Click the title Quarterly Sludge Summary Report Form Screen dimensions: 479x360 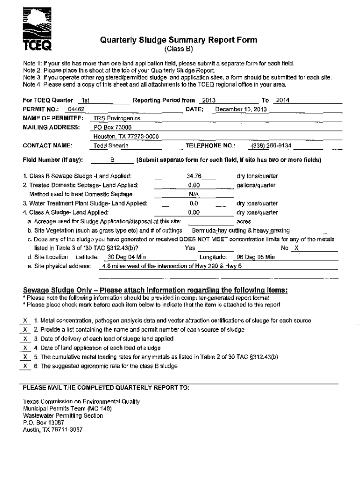tap(178, 40)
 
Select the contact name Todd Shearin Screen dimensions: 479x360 tap(111, 145)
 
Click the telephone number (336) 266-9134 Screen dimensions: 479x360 tap(271, 145)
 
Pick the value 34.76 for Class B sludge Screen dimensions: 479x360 tap(194, 176)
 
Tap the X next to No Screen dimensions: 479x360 tap(296, 248)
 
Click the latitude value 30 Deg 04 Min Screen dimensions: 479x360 tap(127, 257)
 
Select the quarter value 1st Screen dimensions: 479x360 tap(85, 101)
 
